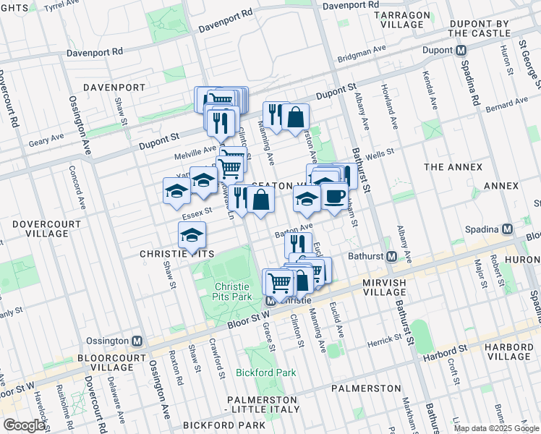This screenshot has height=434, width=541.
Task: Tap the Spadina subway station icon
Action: tap(508, 229)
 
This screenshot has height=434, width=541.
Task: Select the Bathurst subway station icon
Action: tap(392, 256)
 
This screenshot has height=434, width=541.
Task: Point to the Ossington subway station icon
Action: tap(137, 341)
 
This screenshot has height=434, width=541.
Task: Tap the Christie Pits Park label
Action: tap(232, 292)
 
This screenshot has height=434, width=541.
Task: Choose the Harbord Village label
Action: tap(509, 352)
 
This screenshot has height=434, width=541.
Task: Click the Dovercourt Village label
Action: tap(46, 229)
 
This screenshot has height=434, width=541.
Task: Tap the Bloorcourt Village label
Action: tap(102, 362)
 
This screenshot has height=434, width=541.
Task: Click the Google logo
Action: tap(24, 425)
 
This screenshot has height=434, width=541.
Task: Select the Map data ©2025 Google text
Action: tap(495, 428)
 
